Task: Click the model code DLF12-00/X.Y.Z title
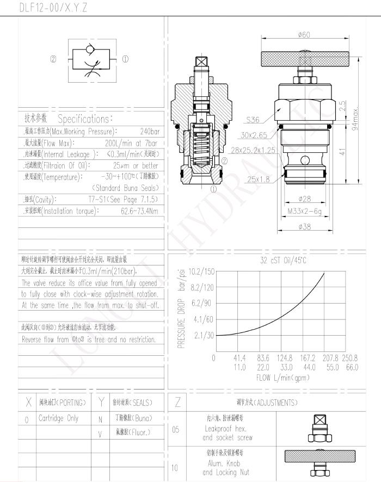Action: (53, 8)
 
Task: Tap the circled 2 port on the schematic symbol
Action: (53, 59)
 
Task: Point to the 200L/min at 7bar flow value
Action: (136, 143)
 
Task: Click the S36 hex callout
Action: (253, 120)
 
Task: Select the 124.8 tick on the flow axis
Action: (285, 358)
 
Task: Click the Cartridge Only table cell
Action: (58, 418)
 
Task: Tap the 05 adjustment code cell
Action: (175, 429)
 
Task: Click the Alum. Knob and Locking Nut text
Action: (219, 468)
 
